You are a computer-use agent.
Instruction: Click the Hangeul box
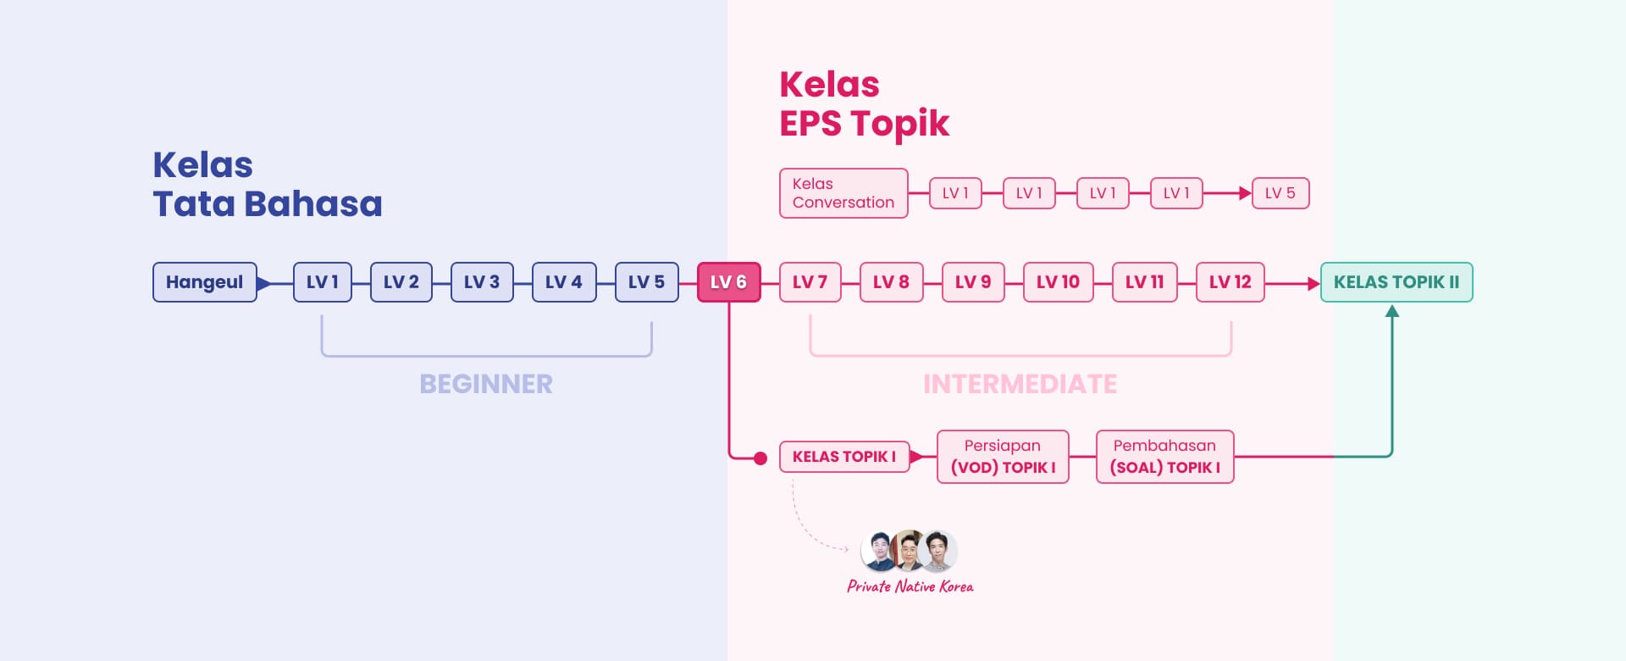pos(205,282)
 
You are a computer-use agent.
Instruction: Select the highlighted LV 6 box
pos(728,282)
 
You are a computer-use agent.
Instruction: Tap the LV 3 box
pos(482,282)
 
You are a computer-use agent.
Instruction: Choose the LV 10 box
pos(1058,282)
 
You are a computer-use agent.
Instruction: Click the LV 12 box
pos(1230,282)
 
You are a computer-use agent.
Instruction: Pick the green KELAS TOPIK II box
pos(1396,282)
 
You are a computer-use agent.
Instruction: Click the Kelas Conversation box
pos(843,193)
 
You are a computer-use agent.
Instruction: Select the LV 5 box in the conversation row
pos(1280,193)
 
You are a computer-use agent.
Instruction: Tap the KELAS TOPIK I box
pos(844,457)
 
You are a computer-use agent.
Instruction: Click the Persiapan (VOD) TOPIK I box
pos(1003,457)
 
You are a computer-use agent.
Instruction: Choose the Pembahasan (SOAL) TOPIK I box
pos(1165,457)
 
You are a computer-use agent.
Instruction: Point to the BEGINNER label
pos(486,384)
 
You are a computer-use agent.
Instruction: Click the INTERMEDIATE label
pos(1020,384)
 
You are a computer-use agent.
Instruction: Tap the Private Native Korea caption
pos(910,586)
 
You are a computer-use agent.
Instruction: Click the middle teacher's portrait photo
pos(909,551)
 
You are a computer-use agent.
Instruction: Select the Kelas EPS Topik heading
pos(864,104)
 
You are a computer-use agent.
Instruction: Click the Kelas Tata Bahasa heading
pos(268,185)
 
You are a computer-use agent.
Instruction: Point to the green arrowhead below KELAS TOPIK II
pos(1392,311)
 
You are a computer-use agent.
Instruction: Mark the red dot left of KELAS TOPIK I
pos(760,458)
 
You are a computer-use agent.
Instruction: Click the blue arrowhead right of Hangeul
pos(264,283)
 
